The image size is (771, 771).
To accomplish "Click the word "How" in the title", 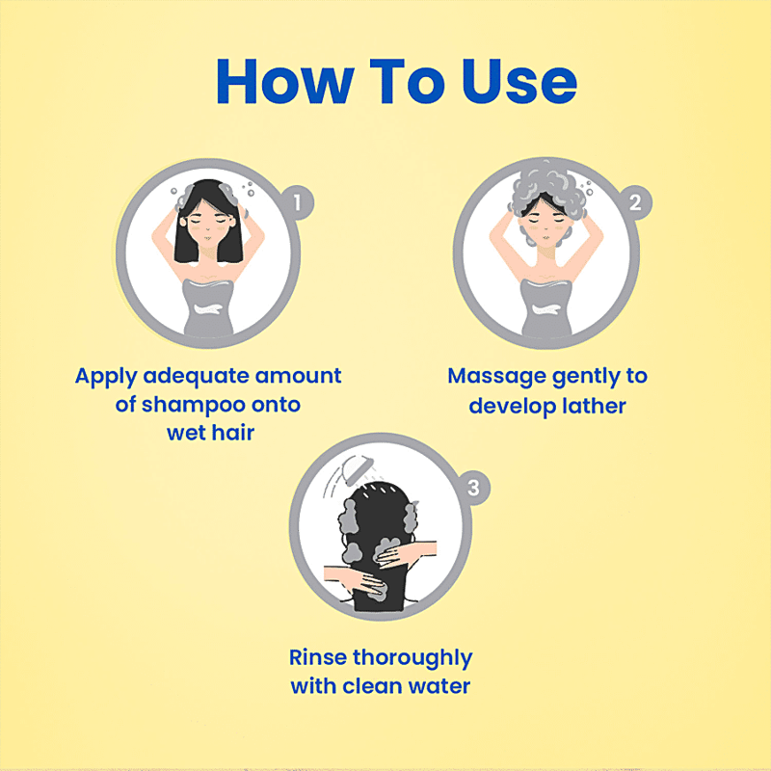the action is pyautogui.click(x=284, y=82).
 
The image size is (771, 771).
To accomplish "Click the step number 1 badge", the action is pyautogui.click(x=297, y=202).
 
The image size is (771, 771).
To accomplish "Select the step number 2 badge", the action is pyautogui.click(x=635, y=202).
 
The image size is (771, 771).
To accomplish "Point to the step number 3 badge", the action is pyautogui.click(x=473, y=488).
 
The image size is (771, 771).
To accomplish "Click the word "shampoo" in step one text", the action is pyautogui.click(x=194, y=406).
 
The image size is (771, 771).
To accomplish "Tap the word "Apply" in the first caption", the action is pyautogui.click(x=106, y=377).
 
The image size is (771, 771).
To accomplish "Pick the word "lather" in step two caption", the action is pyautogui.click(x=595, y=406).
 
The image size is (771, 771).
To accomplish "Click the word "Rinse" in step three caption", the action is pyautogui.click(x=318, y=657).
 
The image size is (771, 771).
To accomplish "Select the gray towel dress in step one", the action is pyautogui.click(x=208, y=307).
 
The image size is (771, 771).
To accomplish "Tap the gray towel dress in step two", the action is pyautogui.click(x=545, y=307).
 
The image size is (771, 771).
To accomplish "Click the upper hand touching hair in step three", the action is pyautogui.click(x=406, y=553).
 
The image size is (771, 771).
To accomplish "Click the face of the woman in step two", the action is pyautogui.click(x=545, y=227).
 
